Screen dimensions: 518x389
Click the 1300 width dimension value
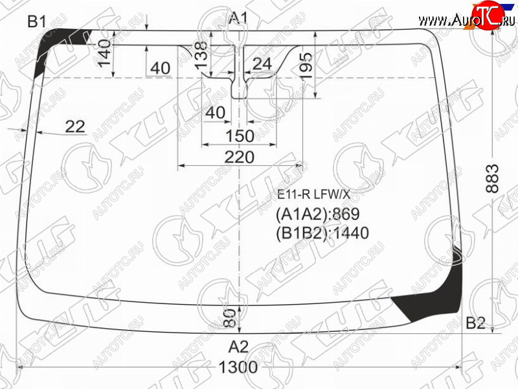(x=238, y=367)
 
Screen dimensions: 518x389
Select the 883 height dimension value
(x=492, y=179)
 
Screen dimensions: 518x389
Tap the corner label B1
(x=37, y=22)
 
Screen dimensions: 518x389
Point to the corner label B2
(x=475, y=323)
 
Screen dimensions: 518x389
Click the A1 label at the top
(x=238, y=18)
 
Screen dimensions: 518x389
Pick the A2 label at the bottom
(x=238, y=347)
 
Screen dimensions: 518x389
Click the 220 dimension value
(x=240, y=157)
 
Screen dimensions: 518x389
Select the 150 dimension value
(x=240, y=136)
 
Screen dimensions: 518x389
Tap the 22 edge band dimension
(x=75, y=126)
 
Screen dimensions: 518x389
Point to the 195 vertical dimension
(x=306, y=65)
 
